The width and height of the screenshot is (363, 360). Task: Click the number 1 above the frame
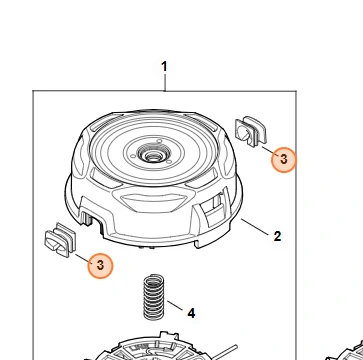[164, 67]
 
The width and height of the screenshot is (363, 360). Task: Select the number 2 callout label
[277, 236]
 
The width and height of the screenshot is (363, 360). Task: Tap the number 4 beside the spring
[191, 313]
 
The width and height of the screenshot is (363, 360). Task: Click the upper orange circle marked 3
[283, 159]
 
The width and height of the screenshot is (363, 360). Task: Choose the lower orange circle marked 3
[100, 266]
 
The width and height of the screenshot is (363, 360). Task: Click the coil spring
[154, 297]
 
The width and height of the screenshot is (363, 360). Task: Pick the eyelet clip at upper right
[251, 131]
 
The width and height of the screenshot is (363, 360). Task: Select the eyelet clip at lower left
[60, 240]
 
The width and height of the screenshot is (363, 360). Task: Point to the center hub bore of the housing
[153, 155]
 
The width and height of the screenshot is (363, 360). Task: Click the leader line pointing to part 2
[255, 227]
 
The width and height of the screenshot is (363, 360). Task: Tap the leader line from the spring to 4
[175, 306]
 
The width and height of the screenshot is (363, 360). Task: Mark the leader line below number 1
[165, 83]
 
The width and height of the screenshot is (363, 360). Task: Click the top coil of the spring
[154, 278]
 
